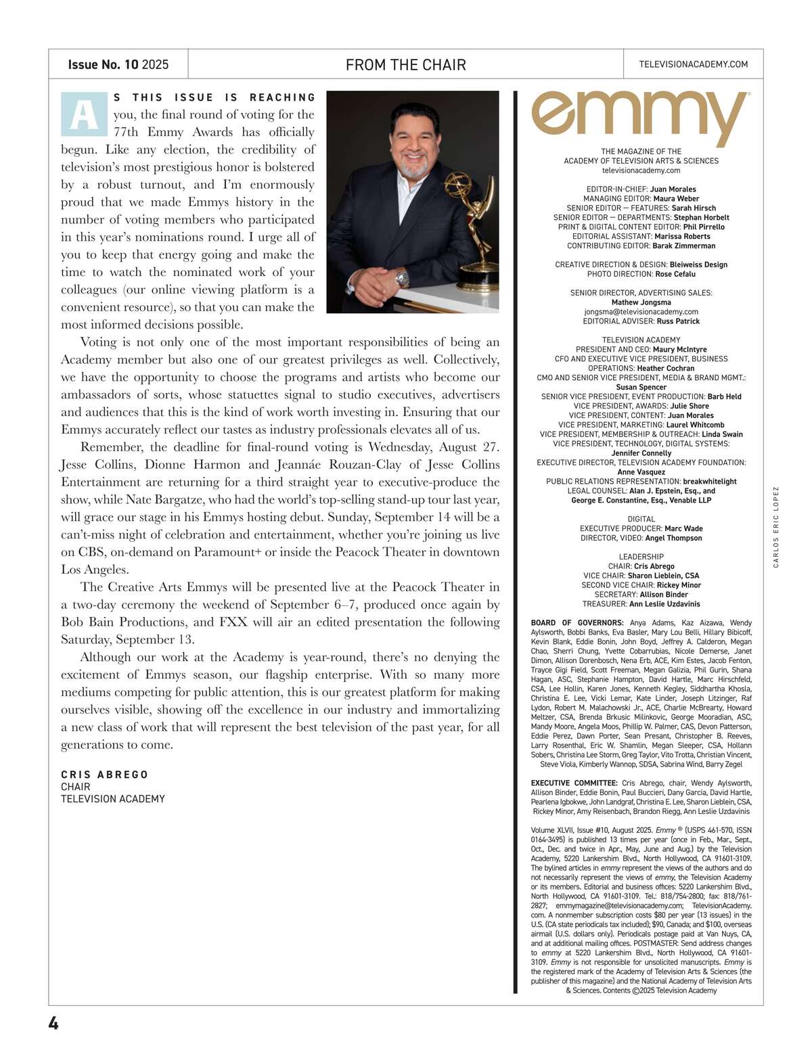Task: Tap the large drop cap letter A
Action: [84, 114]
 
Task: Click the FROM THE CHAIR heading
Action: [405, 65]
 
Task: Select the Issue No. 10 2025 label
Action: [118, 65]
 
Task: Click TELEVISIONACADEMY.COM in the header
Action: [693, 64]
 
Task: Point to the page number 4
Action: [53, 1023]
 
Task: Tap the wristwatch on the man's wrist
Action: [403, 277]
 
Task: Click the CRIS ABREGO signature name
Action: [104, 775]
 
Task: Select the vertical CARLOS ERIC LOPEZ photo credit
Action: [776, 527]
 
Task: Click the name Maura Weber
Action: [676, 199]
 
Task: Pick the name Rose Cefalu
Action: [675, 274]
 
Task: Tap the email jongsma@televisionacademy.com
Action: [641, 312]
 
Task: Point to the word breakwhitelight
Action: [710, 482]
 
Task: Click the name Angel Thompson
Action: [673, 538]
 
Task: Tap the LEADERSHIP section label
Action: [641, 557]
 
